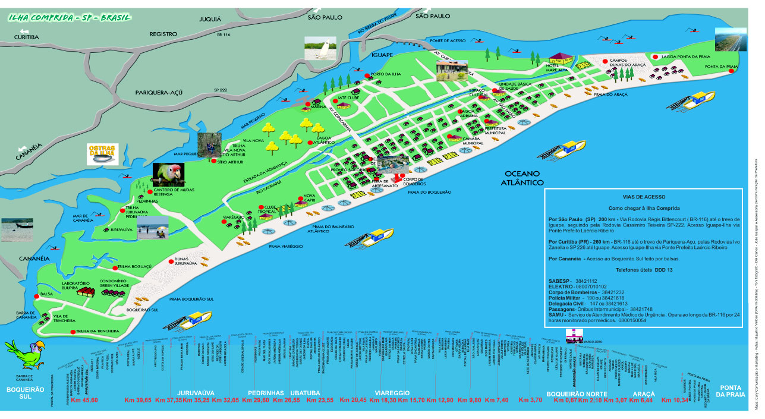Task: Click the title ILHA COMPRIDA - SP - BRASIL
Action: point(70,17)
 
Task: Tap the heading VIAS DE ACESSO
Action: point(644,197)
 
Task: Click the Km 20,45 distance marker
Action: point(353,400)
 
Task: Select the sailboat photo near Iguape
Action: point(320,48)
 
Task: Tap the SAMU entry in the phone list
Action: point(559,315)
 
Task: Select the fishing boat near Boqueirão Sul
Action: point(191,322)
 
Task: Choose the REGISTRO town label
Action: point(163,34)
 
